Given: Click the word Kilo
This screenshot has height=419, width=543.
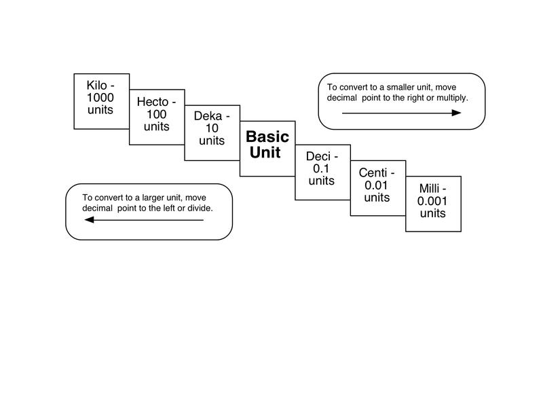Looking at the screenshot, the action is tap(96, 86).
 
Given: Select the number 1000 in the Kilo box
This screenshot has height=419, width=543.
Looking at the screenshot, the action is tap(100, 97).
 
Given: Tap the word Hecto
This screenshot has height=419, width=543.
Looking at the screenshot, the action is tap(152, 102).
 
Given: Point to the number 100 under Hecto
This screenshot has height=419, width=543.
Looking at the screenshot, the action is tap(157, 114).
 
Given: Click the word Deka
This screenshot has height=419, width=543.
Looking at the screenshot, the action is tap(208, 115).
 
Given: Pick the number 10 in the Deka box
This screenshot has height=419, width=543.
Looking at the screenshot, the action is tap(212, 128).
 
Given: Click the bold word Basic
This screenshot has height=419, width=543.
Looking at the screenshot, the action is tap(267, 136).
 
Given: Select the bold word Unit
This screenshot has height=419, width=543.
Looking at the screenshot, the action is tap(265, 153).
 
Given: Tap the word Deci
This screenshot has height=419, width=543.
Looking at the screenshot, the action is tap(318, 156).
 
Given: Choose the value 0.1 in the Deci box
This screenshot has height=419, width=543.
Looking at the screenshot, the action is tap(320, 168).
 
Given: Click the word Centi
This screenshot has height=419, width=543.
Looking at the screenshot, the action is tap(373, 172).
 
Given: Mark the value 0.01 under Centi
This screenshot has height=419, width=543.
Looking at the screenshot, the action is tap(376, 185).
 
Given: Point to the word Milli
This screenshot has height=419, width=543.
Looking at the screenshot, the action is tap(429, 189).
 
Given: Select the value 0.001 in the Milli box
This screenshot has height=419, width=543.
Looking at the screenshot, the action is tap(432, 201).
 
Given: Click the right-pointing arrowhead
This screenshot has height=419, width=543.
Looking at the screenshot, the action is tap(456, 113).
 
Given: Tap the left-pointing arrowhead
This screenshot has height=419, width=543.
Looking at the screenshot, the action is tap(90, 220).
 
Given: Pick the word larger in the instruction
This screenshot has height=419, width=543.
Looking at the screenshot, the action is tap(153, 198).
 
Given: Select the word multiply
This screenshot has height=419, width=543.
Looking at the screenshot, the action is tap(452, 98).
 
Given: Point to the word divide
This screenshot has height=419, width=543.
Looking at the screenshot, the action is tap(200, 208).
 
